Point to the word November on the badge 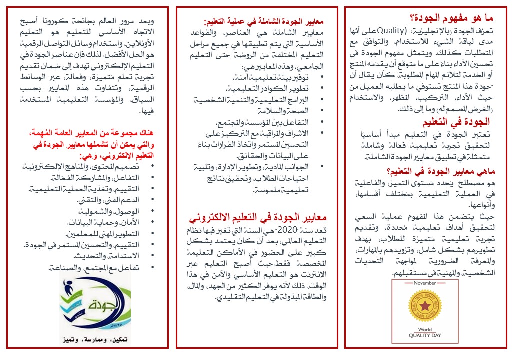click(x=424, y=283)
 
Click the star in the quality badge click(x=426, y=305)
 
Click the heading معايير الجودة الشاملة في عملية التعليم click(x=263, y=22)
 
